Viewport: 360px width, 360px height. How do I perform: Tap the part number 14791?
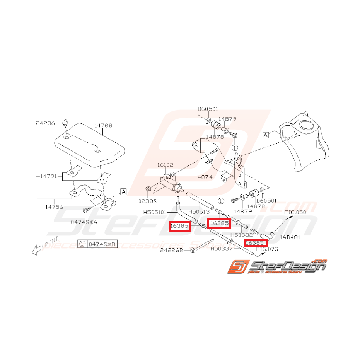coord(49,176)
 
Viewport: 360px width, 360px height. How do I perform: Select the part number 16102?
coord(165,165)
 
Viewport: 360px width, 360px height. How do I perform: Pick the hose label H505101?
coord(157,212)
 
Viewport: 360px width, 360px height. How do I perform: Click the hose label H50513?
coord(199,212)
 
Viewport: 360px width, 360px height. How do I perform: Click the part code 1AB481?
coord(290,237)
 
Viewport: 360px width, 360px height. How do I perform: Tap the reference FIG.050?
coord(295,212)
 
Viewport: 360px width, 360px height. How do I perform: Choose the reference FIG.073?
coord(267,249)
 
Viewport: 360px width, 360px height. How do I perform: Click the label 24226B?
coord(171,251)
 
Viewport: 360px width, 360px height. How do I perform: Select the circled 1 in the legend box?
coord(82,244)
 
